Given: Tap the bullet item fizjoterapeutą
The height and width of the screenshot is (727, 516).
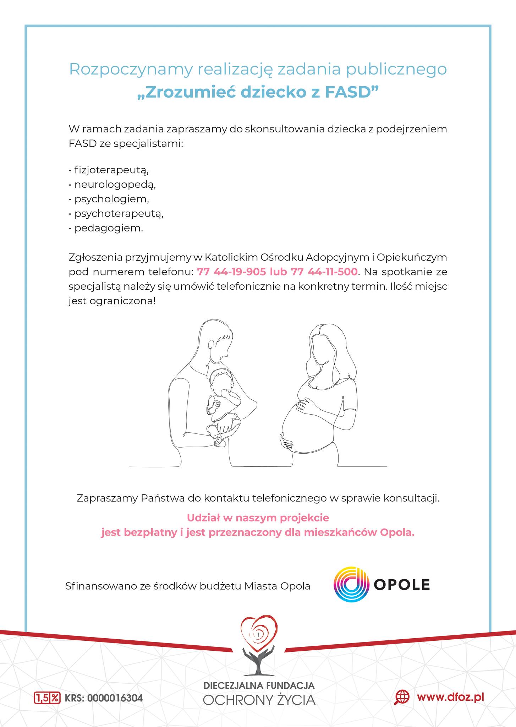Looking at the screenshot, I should (x=111, y=170).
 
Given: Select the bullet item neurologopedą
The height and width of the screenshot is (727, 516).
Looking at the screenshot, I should (x=115, y=185).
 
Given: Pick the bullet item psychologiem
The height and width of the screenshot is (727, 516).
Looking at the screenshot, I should (x=111, y=199).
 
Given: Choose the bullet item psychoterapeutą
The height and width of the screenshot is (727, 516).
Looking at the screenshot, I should (x=119, y=213).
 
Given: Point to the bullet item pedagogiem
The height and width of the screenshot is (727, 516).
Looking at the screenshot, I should (x=109, y=228).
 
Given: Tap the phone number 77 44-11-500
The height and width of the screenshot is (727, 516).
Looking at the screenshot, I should (x=324, y=272).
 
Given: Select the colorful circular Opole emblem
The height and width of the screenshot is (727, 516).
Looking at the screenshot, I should (x=350, y=584).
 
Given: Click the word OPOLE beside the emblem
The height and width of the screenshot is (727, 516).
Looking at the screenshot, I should (x=402, y=585).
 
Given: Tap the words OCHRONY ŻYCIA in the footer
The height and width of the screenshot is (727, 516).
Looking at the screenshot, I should (x=259, y=700).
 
